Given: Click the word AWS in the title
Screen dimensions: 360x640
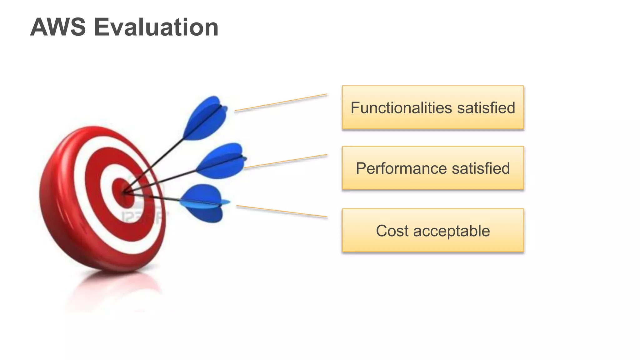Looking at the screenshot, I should pos(58,27).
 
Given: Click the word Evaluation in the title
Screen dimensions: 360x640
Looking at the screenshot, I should pos(156,27).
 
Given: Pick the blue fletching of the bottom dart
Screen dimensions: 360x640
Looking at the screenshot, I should pos(203,203).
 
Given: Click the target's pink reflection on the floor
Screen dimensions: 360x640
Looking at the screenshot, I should pos(112,287).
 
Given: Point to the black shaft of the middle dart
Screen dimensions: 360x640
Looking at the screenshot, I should pos(166,180).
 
